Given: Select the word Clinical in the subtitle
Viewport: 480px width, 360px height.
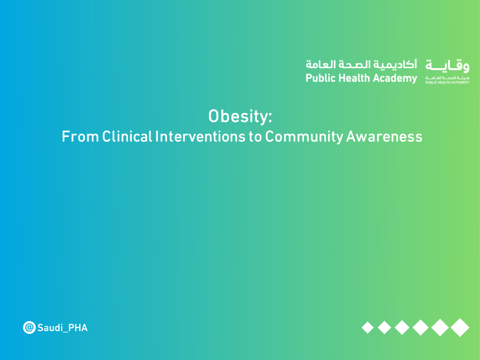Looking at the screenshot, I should click(x=127, y=136).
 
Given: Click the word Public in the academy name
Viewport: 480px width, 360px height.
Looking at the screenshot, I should click(x=319, y=78).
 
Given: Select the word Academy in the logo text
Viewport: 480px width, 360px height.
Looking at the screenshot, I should click(x=394, y=78).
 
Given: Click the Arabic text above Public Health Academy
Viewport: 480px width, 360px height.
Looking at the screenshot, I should click(x=361, y=65).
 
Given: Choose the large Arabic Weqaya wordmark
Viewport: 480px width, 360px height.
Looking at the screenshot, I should click(x=447, y=65).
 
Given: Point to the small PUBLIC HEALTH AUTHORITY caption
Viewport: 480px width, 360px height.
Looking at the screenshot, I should click(x=447, y=82).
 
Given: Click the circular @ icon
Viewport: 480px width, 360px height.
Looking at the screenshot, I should click(x=29, y=328).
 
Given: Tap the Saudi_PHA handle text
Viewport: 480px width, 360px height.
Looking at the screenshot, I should click(x=62, y=328).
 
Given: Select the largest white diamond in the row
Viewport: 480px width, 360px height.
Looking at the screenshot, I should click(x=459, y=327).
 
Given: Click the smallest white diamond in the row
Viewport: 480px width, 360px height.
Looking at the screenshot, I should click(x=367, y=327).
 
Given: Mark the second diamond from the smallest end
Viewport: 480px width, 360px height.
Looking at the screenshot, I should click(x=384, y=327).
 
